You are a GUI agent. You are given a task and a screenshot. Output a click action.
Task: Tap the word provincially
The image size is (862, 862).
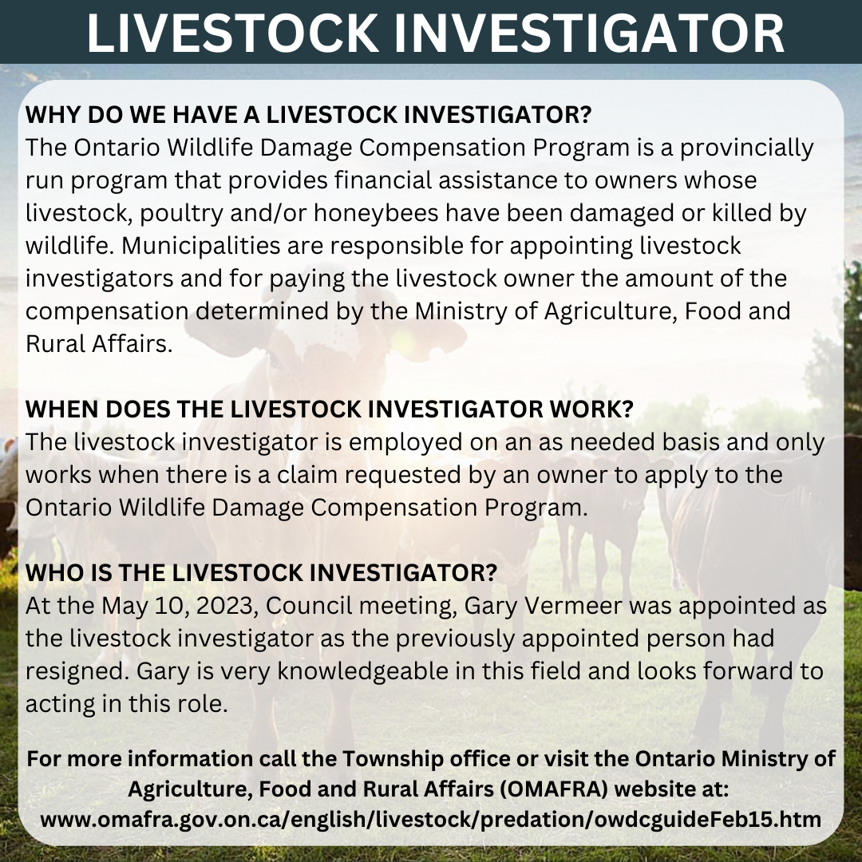pyautogui.click(x=746, y=148)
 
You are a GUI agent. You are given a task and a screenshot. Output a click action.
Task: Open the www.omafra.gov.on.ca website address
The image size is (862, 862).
pyautogui.click(x=431, y=819)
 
